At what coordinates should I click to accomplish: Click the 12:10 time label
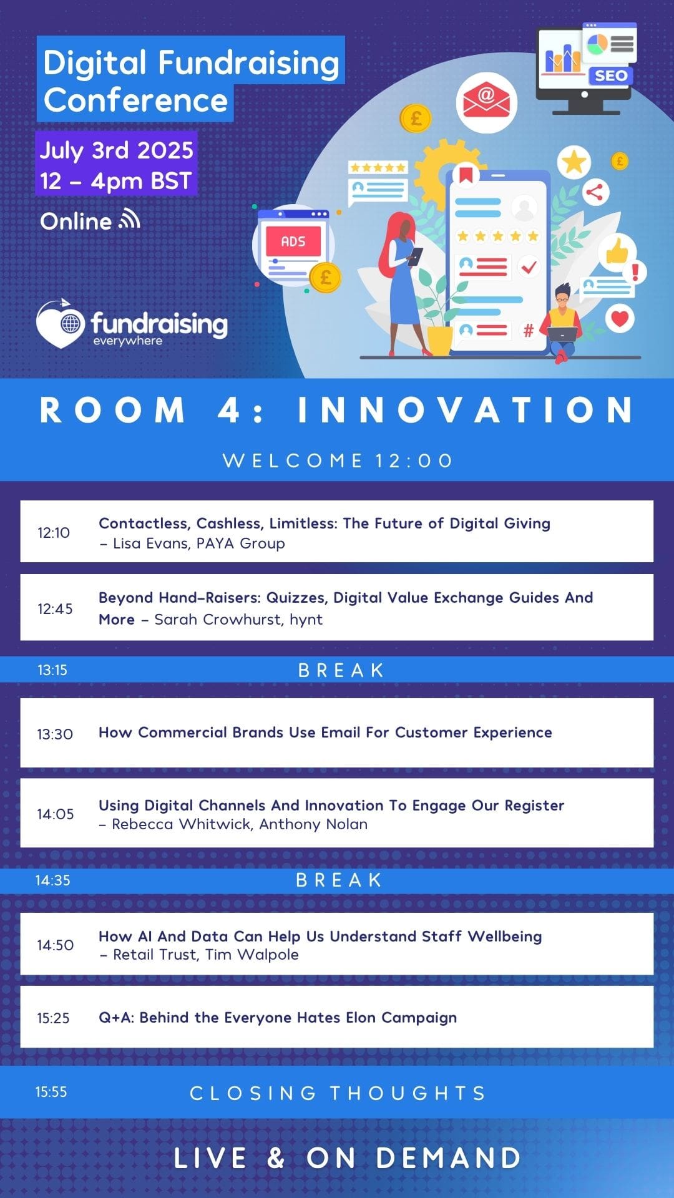[54, 532]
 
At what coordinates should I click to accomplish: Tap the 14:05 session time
[55, 814]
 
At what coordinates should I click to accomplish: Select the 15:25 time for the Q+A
[53, 1018]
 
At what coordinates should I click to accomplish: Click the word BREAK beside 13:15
[341, 670]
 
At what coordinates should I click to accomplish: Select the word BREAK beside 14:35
[339, 880]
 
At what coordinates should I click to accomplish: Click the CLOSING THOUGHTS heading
[338, 1093]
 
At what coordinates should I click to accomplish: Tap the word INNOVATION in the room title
[466, 410]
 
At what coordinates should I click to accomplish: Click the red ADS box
[293, 241]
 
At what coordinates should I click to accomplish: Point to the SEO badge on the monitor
[610, 75]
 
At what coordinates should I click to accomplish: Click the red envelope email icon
[486, 102]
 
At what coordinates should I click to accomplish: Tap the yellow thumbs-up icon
[617, 251]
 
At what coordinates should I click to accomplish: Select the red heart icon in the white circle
[620, 318]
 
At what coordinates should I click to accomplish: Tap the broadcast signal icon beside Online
[130, 220]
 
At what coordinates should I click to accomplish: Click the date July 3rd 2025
[117, 150]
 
